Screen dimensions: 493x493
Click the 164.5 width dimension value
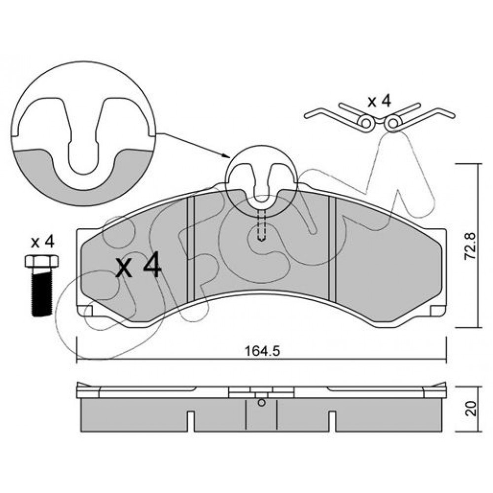click(262, 351)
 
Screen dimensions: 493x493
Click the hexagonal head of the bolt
click(41, 261)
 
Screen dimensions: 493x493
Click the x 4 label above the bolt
click(42, 243)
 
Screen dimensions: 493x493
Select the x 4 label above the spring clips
click(380, 102)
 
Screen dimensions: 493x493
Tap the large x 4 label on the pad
click(139, 267)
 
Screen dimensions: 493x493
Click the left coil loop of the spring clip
click(366, 123)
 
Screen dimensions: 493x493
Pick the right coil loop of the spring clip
click(393, 123)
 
